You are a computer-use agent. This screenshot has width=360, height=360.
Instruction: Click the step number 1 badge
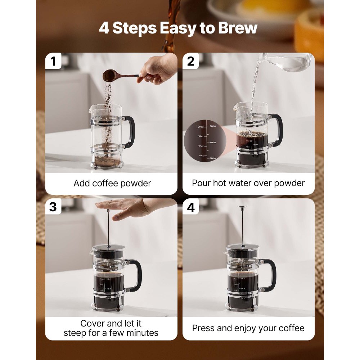coord(53,61)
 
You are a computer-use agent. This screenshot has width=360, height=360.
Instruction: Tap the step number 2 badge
coord(191,61)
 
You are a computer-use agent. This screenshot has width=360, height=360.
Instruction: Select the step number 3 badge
coord(53,207)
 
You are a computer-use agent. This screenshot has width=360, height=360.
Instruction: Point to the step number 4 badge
coord(191,207)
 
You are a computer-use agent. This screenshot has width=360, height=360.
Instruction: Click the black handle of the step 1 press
coord(130,132)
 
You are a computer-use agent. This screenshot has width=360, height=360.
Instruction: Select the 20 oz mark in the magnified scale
coord(201,127)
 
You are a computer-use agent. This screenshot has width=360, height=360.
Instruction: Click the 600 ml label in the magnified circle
coord(213,126)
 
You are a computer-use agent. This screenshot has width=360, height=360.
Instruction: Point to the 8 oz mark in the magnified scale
coord(201,156)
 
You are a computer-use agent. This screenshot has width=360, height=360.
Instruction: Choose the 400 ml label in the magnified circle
coord(213,143)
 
